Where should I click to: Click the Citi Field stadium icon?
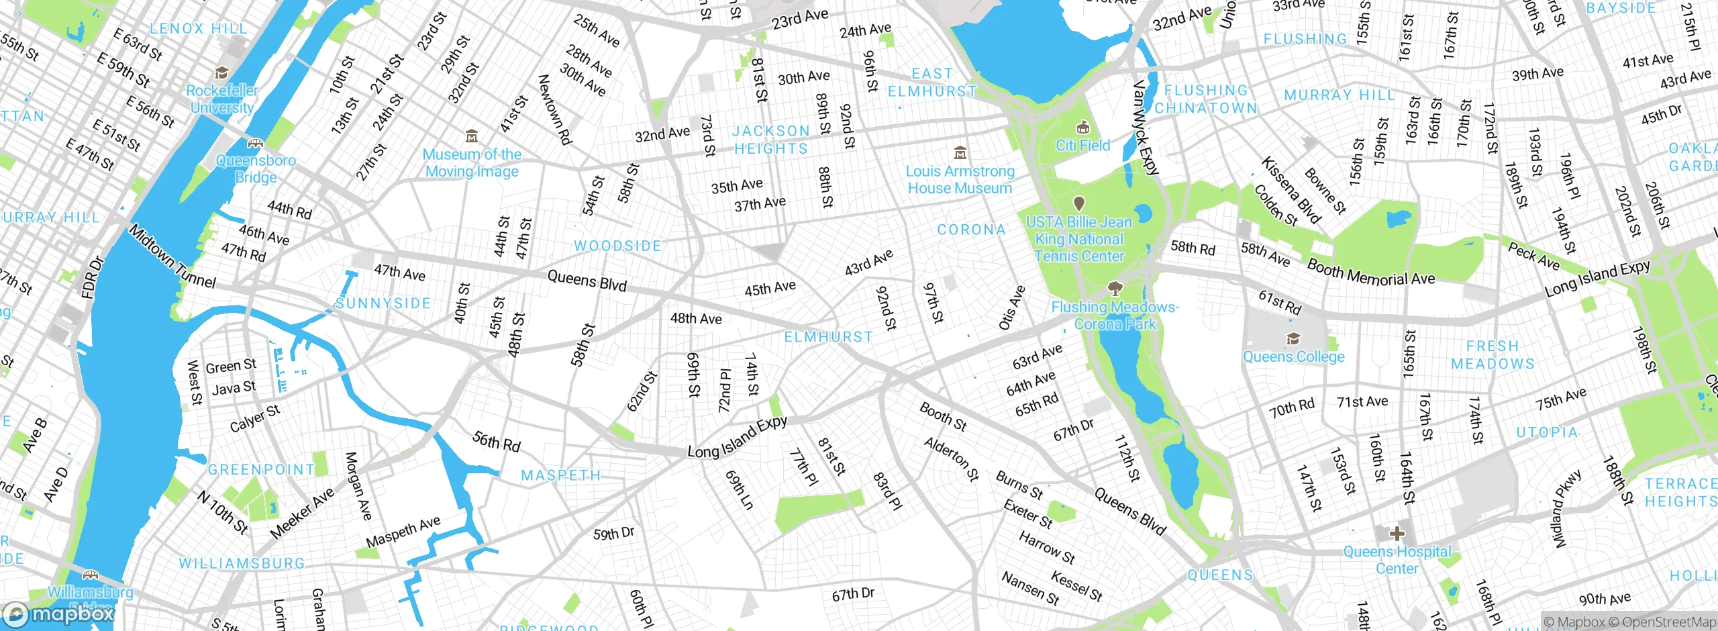pyautogui.click(x=1082, y=128)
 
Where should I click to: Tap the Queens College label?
pyautogui.click(x=1293, y=356)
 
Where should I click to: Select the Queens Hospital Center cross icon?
pyautogui.click(x=1397, y=534)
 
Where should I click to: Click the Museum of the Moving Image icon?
pyautogui.click(x=472, y=136)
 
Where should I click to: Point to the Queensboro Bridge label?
pyautogui.click(x=256, y=168)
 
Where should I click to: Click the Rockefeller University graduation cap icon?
pyautogui.click(x=221, y=72)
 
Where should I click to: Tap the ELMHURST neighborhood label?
pyautogui.click(x=829, y=337)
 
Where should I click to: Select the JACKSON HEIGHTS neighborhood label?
pyautogui.click(x=770, y=140)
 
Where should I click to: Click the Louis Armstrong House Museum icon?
pyautogui.click(x=960, y=152)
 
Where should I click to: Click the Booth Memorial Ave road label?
pyautogui.click(x=1370, y=273)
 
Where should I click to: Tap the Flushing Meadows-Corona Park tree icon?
pyautogui.click(x=1115, y=289)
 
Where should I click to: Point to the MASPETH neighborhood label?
pyautogui.click(x=561, y=475)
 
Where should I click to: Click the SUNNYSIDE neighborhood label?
pyautogui.click(x=383, y=303)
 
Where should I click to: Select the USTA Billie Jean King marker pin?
pyautogui.click(x=1079, y=203)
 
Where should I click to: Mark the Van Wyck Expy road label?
pyautogui.click(x=1145, y=128)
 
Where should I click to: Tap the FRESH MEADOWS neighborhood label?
pyautogui.click(x=1493, y=355)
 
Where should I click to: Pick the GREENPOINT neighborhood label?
pyautogui.click(x=261, y=469)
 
